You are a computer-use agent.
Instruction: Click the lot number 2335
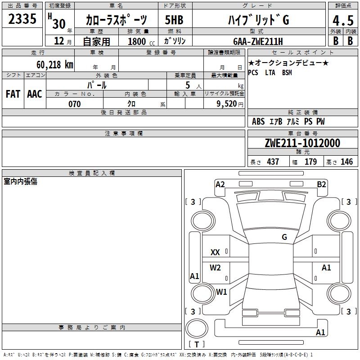[22, 19]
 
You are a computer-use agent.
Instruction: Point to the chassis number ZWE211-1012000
[302, 143]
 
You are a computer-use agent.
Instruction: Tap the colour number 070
[74, 104]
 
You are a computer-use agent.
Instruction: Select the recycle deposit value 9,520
[228, 104]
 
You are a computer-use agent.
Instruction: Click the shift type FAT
[13, 94]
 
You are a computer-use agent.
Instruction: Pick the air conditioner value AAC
[35, 94]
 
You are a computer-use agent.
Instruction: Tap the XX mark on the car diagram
[215, 252]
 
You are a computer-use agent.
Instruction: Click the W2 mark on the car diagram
[215, 268]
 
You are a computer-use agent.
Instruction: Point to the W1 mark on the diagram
[221, 292]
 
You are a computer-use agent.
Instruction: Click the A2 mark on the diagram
[220, 184]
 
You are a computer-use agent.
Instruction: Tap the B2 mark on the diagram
[321, 184]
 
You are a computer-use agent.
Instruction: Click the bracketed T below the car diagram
[197, 345]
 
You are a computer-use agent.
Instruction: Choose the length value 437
[273, 162]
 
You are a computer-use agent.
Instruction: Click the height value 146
[347, 162]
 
